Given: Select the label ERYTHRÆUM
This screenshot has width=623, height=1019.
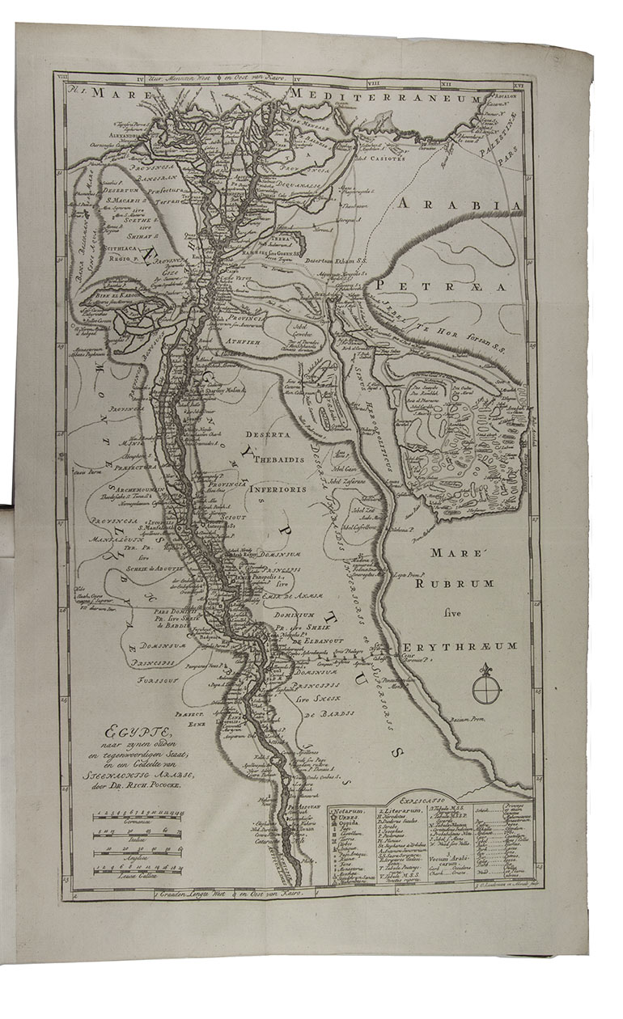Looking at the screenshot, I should [x=457, y=648].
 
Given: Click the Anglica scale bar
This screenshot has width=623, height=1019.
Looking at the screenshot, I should [x=139, y=854].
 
